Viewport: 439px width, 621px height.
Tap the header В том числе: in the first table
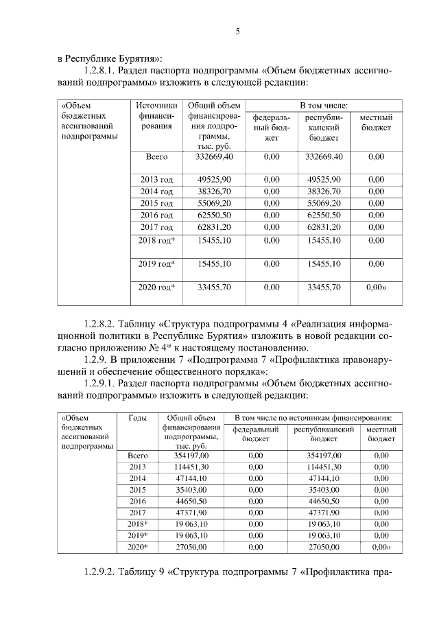point(323,106)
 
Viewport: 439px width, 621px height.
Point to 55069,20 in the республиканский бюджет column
point(324,204)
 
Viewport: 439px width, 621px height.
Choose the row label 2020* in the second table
point(138,547)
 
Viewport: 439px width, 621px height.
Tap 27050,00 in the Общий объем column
point(190,547)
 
